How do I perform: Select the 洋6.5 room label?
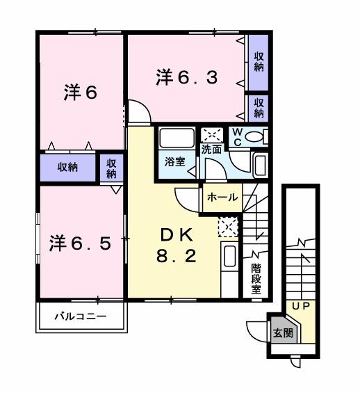(79, 243)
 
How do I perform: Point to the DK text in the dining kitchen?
(177, 234)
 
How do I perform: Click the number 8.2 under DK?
(177, 255)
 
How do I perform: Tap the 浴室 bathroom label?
(175, 162)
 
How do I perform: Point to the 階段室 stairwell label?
(257, 278)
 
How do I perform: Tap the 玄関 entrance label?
(283, 332)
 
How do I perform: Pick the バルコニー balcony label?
(81, 316)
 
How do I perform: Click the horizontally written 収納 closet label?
(67, 167)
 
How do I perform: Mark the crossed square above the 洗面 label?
(211, 134)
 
